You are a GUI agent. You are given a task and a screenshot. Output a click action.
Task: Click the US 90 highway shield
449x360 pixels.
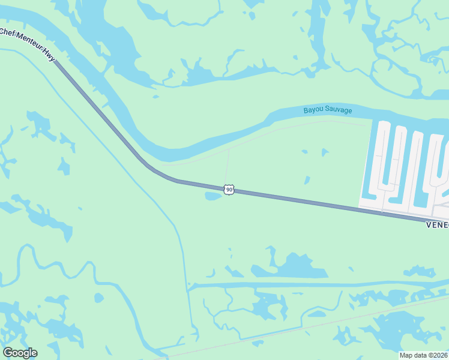(x=229, y=190)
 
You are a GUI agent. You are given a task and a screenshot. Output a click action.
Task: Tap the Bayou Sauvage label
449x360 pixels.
(x=327, y=110)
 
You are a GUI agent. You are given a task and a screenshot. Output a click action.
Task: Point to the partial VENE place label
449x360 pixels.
(x=437, y=225)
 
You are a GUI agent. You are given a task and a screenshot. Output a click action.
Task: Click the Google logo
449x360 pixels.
(x=20, y=353)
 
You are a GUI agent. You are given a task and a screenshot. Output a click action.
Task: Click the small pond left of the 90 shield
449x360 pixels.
(x=213, y=196)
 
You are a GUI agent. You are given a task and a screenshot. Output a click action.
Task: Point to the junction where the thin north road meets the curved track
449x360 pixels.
(x=228, y=148)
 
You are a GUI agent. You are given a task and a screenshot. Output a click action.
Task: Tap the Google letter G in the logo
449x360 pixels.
(x=8, y=353)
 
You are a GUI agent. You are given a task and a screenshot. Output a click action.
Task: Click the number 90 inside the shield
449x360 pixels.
(x=229, y=190)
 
